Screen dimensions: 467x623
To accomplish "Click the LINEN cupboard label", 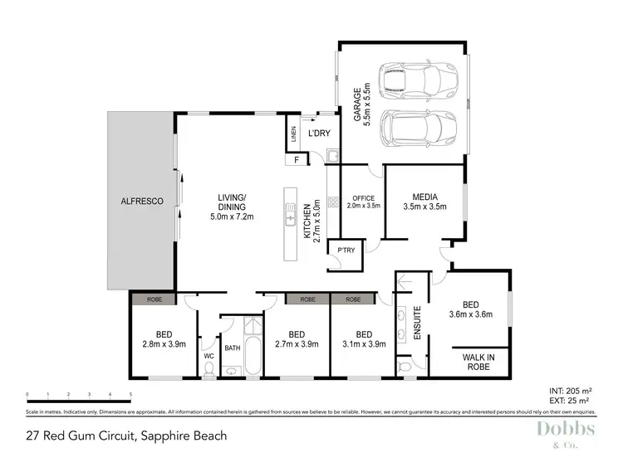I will pos(293,134).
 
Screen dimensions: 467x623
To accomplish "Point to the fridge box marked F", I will pos(295,160).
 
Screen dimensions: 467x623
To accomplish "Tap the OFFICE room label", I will pos(362,197).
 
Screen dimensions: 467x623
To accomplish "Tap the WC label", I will pos(208,356).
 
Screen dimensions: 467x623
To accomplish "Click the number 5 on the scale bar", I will pos(130,394).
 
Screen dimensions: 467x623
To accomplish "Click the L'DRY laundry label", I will pos(320,134).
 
